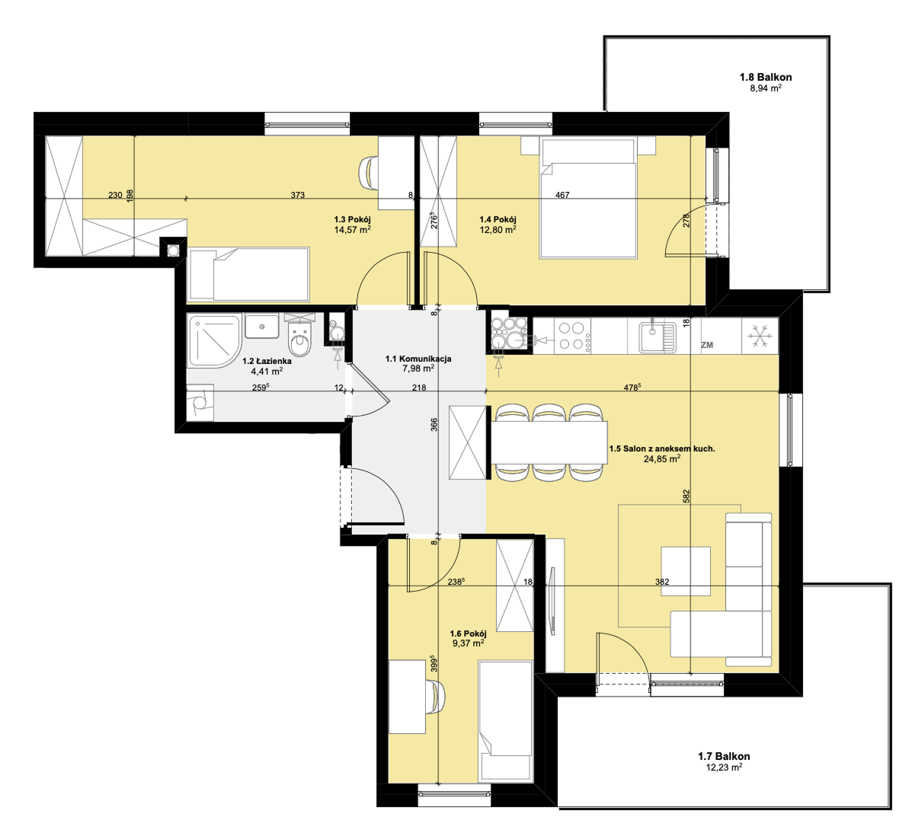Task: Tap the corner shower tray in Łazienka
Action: pyautogui.click(x=214, y=341)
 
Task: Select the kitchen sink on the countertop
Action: pyautogui.click(x=658, y=337)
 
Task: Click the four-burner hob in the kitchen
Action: pyautogui.click(x=571, y=336)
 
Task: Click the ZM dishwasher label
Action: pyautogui.click(x=707, y=345)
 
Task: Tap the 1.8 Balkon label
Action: pyautogui.click(x=766, y=77)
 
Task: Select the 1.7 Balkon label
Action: pyautogui.click(x=724, y=756)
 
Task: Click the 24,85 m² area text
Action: pyautogui.click(x=662, y=458)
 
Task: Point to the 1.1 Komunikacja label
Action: pyautogui.click(x=418, y=359)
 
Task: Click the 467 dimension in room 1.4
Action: pyautogui.click(x=562, y=196)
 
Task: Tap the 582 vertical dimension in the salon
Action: pyautogui.click(x=686, y=496)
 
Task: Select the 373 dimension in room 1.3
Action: pyautogui.click(x=298, y=196)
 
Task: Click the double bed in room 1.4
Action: pyautogui.click(x=587, y=198)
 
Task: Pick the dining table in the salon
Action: pyautogui.click(x=549, y=442)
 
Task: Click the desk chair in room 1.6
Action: pyautogui.click(x=437, y=696)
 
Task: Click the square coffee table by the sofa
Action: pyautogui.click(x=685, y=571)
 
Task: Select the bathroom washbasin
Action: pyautogui.click(x=262, y=326)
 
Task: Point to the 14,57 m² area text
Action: pyautogui.click(x=353, y=230)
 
